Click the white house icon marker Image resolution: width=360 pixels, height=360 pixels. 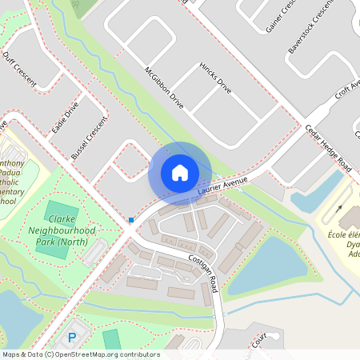coord(180,173)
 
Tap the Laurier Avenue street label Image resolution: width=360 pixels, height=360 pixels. coord(219,189)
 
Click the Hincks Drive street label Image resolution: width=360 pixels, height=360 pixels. coord(215,78)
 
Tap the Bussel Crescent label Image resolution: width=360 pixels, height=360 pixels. coord(89,138)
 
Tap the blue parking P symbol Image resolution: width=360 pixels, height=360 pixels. coord(71,338)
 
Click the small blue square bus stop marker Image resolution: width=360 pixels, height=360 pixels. coord(131,219)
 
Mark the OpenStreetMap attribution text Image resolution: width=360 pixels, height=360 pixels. coord(80,354)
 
